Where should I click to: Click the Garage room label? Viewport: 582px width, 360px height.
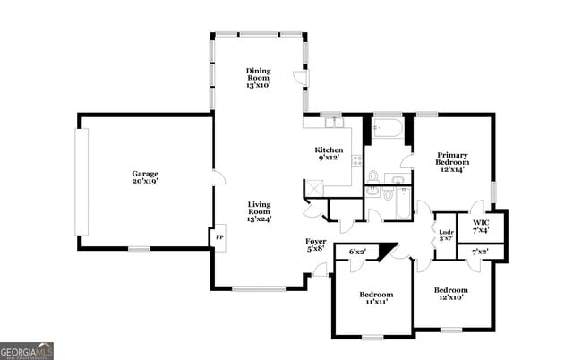click(x=145, y=177)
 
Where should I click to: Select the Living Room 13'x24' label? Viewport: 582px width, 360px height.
click(x=259, y=211)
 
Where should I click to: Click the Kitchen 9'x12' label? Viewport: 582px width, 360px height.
click(x=329, y=153)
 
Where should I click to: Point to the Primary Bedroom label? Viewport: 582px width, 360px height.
click(x=452, y=161)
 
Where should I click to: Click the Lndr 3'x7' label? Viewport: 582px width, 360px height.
click(x=446, y=236)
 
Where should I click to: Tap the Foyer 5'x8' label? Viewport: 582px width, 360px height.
click(x=316, y=244)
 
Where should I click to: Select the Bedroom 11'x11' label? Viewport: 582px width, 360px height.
click(x=376, y=299)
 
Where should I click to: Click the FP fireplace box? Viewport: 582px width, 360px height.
click(x=218, y=238)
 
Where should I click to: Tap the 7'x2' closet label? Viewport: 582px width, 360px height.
click(x=480, y=253)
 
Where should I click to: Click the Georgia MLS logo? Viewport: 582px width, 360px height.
click(x=27, y=350)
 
